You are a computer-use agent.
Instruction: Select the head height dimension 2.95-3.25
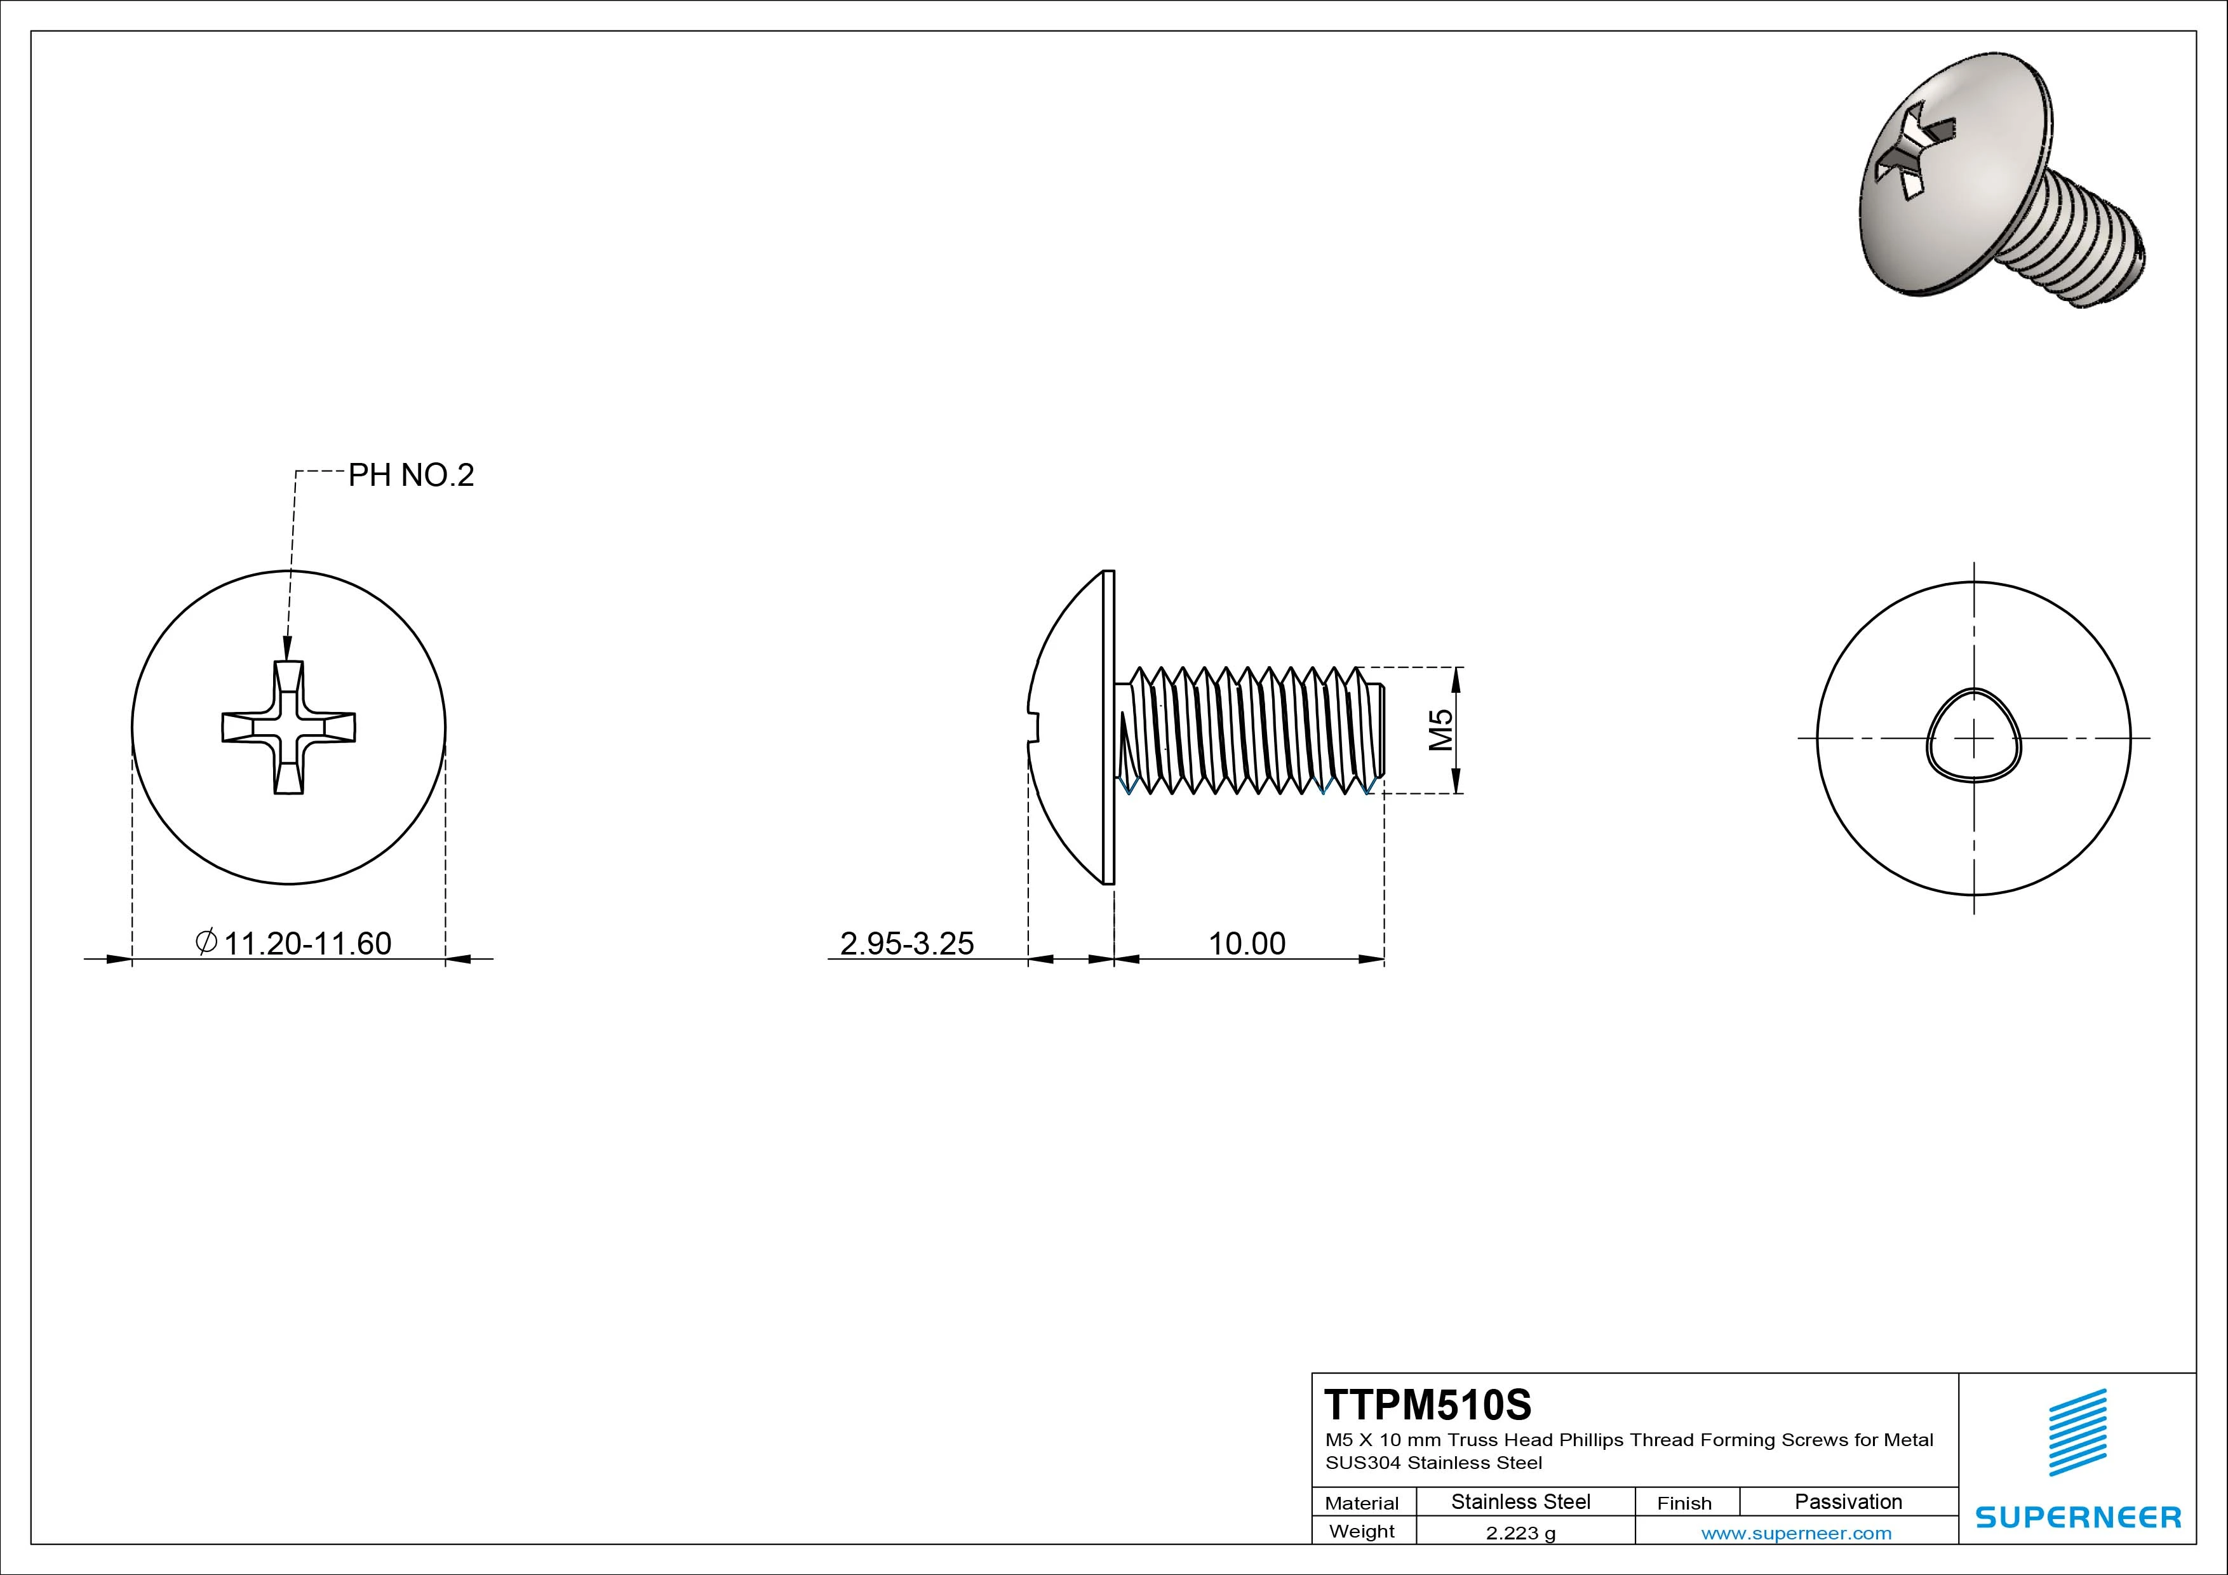tap(906, 943)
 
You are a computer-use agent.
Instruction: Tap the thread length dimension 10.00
tap(1246, 943)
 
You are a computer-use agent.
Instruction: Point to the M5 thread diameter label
tap(1442, 730)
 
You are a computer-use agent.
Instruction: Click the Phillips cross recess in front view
tap(288, 728)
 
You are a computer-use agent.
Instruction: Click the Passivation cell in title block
tap(1848, 1502)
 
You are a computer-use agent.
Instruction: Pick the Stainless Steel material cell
tap(1520, 1502)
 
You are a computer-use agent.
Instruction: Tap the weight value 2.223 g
tap(1520, 1533)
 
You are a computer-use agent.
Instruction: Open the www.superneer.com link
tap(1796, 1533)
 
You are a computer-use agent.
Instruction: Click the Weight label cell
tap(1362, 1531)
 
